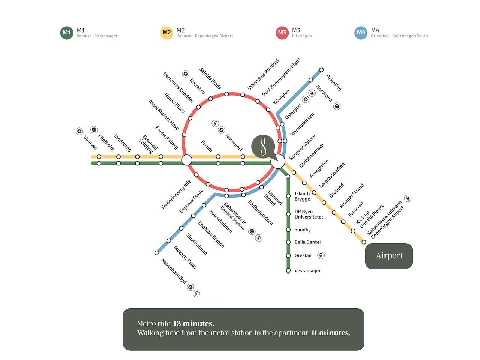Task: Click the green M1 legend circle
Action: [x=67, y=33]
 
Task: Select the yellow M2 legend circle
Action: [x=166, y=33]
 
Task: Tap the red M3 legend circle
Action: [x=282, y=33]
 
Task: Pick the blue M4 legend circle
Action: [x=361, y=33]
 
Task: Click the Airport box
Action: [x=389, y=256]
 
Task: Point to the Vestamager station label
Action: [x=307, y=271]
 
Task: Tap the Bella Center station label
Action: [x=308, y=242]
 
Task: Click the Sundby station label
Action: [x=303, y=230]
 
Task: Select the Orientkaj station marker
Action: [x=321, y=70]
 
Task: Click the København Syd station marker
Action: [x=157, y=253]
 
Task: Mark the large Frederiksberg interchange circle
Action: [x=187, y=160]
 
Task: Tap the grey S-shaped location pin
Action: [x=263, y=146]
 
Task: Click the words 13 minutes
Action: [x=193, y=323]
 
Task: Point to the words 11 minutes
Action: [x=331, y=333]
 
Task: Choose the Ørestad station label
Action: [x=303, y=256]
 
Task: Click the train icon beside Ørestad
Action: [x=321, y=255]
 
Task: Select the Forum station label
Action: [x=207, y=146]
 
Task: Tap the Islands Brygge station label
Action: [x=302, y=196]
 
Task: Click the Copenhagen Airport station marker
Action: [x=364, y=242]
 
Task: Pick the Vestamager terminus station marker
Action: [x=288, y=270]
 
